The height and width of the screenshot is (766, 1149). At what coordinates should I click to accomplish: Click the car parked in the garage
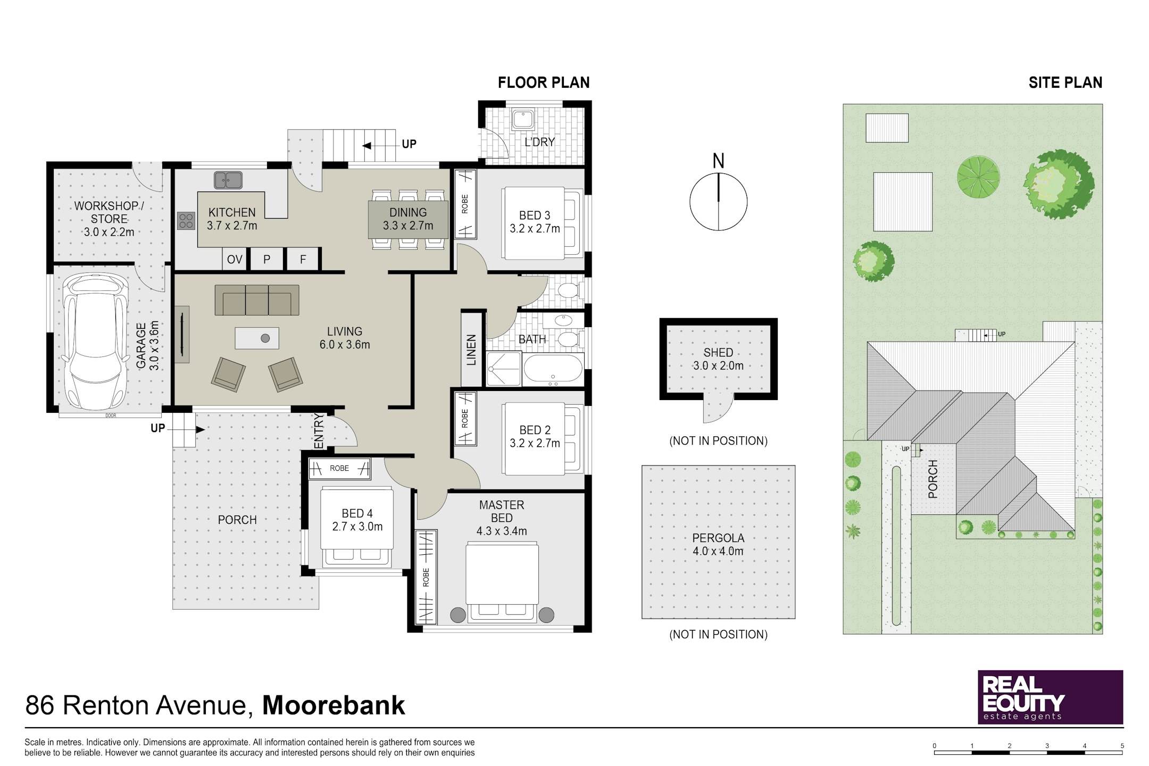click(x=96, y=342)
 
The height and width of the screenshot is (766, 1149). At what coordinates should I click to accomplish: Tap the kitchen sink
click(x=228, y=180)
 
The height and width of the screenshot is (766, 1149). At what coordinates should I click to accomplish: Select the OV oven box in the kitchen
click(x=235, y=260)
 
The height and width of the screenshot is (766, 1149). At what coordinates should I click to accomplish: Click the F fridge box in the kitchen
click(x=303, y=260)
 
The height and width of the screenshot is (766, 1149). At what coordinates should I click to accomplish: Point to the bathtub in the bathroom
click(x=553, y=368)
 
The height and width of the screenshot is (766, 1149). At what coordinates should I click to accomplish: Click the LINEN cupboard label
click(x=471, y=349)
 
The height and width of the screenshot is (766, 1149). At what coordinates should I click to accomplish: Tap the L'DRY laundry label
click(x=540, y=142)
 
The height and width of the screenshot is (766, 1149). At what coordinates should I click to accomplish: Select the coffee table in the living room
click(x=257, y=338)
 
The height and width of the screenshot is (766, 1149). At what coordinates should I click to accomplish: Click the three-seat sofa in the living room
click(x=257, y=300)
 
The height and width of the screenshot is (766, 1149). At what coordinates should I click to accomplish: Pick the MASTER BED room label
click(x=502, y=511)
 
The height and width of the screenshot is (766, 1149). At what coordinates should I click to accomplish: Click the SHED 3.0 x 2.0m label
click(x=718, y=359)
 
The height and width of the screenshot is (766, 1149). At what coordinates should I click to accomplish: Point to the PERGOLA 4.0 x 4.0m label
click(x=718, y=544)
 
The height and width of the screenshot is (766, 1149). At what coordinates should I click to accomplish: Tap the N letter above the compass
click(x=719, y=161)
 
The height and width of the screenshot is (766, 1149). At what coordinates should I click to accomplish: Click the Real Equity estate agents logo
click(x=1051, y=697)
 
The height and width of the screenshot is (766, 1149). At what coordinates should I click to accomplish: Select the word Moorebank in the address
click(x=334, y=705)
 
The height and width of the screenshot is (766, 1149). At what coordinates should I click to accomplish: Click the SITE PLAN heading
click(x=1065, y=82)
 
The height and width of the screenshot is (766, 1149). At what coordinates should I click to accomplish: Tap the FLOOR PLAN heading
click(x=544, y=82)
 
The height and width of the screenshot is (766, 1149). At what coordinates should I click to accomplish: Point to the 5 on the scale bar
click(x=1122, y=746)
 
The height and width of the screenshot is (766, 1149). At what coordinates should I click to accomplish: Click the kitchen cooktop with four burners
click(x=186, y=221)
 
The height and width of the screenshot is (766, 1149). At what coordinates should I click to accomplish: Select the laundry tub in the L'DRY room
click(x=523, y=120)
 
